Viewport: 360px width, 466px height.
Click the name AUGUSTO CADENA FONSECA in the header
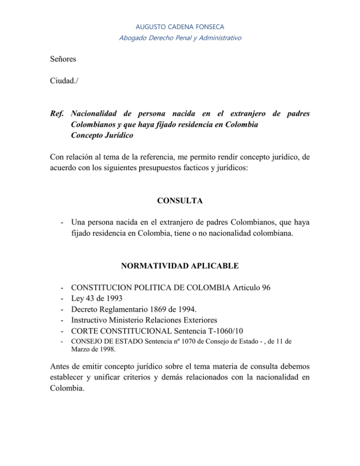coord(180,27)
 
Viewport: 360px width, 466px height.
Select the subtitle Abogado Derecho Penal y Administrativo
coord(180,38)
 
